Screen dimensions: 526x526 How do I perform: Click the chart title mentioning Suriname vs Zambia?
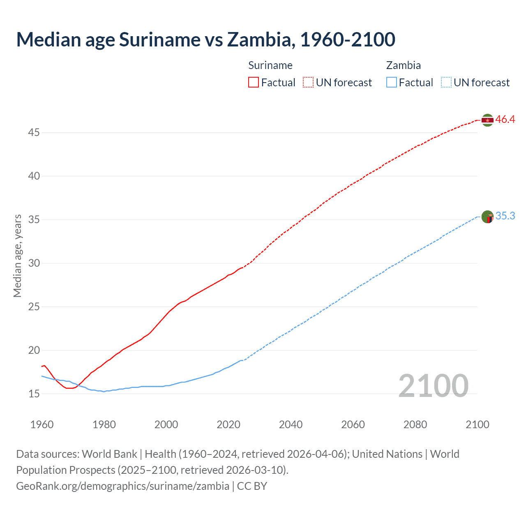205,39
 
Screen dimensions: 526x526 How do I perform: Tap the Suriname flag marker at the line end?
487,120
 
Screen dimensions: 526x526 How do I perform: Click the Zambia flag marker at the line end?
487,217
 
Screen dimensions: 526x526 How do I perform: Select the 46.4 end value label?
505,120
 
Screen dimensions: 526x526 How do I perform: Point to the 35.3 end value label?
505,216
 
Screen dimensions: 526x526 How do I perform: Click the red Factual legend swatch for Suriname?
254,83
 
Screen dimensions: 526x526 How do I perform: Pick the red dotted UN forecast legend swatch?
308,83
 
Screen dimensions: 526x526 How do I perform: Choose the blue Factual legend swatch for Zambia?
392,83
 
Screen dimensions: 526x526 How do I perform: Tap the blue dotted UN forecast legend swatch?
446,83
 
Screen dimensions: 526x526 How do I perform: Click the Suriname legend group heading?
270,65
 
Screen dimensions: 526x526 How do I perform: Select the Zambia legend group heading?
403,65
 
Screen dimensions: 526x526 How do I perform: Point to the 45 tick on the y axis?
34,133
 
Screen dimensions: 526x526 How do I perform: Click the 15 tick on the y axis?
34,394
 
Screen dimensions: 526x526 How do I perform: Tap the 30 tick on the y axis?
34,263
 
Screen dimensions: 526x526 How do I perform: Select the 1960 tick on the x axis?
42,424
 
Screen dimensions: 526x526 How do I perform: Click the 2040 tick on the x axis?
291,424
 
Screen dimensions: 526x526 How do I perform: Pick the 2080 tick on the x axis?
415,424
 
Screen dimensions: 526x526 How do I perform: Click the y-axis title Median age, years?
17,256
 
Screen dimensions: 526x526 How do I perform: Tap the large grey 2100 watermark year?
433,385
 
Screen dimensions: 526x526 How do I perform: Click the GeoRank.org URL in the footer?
122,486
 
